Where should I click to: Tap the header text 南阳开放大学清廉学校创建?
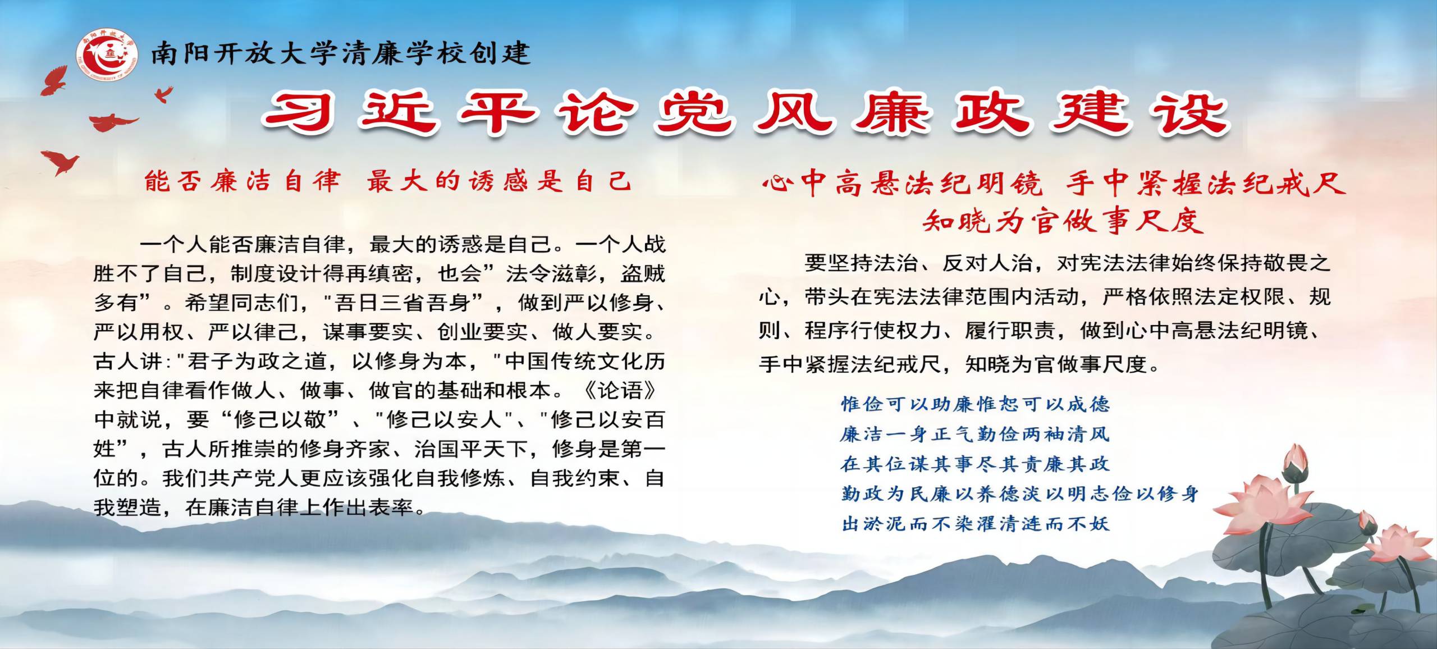coord(340,54)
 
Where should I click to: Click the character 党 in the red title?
coord(694,113)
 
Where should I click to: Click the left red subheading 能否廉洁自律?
coord(242,181)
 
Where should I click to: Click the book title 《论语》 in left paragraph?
coord(620,390)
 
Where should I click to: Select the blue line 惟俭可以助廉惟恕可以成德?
coord(975,404)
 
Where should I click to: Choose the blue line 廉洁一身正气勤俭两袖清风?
coord(975,434)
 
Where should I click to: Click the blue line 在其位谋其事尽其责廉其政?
coord(975,464)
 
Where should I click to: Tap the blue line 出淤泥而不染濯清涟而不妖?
coord(975,524)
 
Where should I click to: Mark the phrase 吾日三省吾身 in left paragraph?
coord(401,303)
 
